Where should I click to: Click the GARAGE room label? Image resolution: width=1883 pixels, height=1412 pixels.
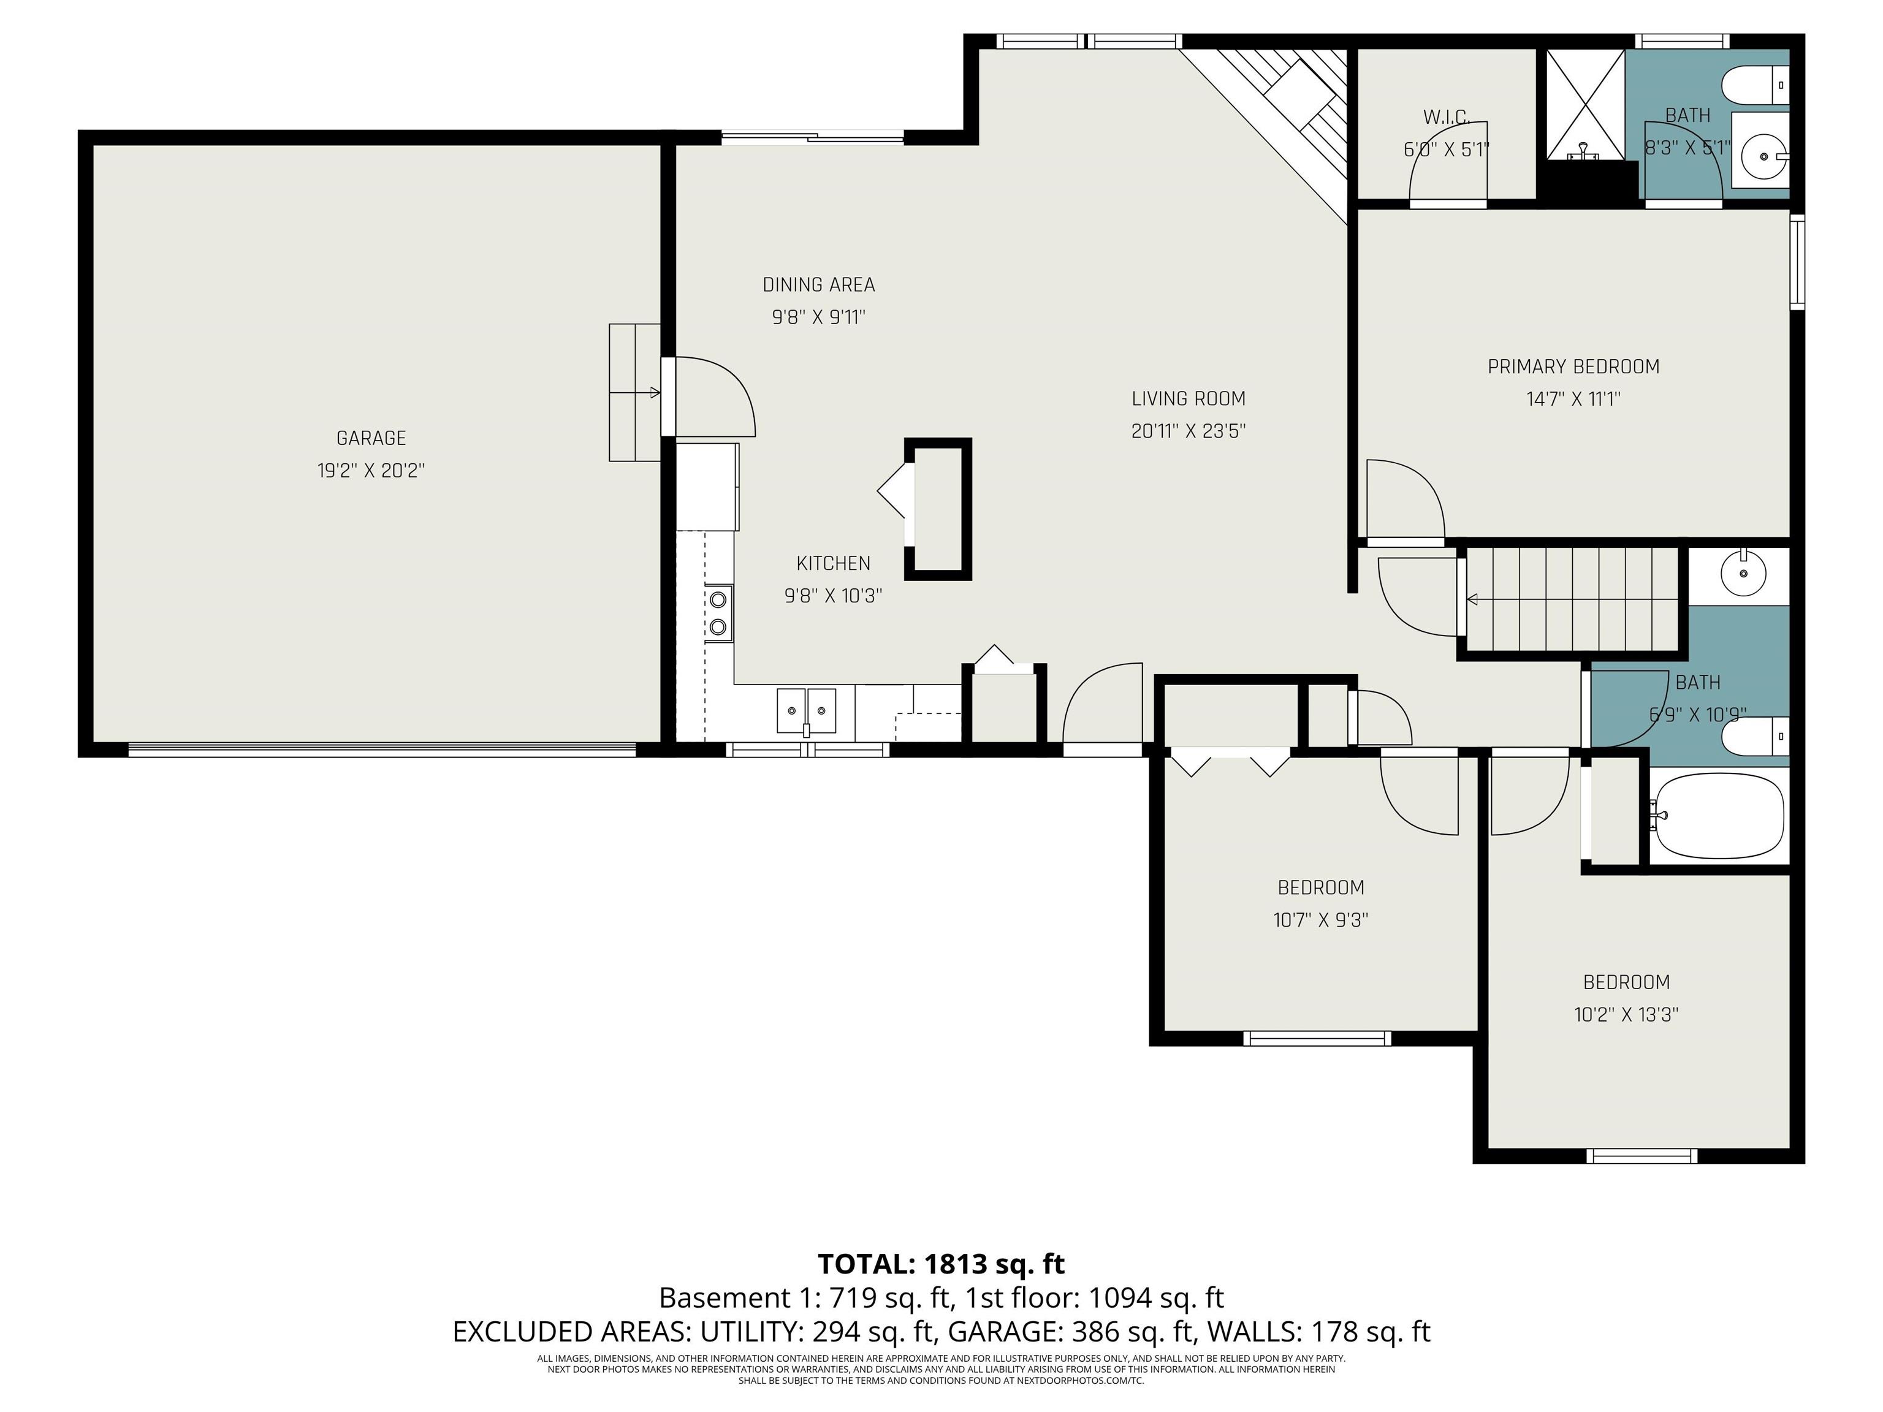click(x=371, y=438)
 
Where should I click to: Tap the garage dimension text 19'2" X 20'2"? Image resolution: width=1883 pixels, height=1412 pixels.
click(x=371, y=471)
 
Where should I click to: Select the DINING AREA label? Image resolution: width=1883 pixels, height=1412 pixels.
click(x=819, y=285)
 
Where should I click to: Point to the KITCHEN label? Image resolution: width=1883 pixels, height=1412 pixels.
click(x=834, y=563)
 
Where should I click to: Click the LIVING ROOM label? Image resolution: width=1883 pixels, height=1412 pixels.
click(x=1189, y=398)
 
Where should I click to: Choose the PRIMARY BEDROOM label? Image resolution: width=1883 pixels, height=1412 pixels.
click(x=1573, y=367)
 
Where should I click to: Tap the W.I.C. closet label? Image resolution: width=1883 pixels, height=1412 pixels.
click(x=1447, y=116)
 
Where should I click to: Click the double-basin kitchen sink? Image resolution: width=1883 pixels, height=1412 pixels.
click(x=806, y=711)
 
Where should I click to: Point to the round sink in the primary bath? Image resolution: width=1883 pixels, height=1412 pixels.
click(x=1764, y=157)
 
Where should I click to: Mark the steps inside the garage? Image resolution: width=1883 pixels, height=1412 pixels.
click(x=635, y=392)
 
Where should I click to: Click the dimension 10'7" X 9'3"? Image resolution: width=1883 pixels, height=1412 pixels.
click(x=1320, y=920)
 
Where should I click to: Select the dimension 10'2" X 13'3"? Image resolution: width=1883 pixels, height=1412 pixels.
click(x=1626, y=1014)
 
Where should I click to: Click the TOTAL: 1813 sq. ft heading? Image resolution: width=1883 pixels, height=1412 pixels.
click(x=941, y=1264)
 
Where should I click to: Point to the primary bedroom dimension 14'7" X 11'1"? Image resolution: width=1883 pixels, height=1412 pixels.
click(x=1573, y=399)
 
